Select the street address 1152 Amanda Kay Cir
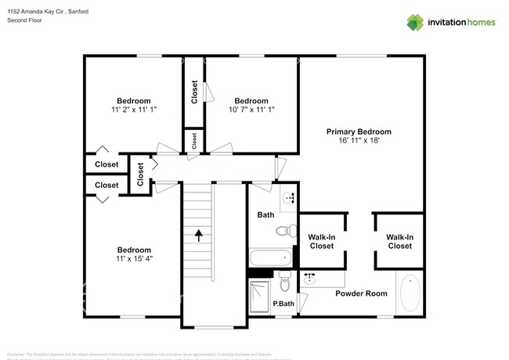(38, 12)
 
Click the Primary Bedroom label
(359, 131)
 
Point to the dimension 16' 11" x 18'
(359, 142)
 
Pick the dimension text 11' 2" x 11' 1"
(134, 110)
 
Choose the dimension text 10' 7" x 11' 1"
(251, 110)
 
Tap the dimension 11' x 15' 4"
(134, 259)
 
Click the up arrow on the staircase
(199, 233)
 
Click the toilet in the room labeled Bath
(285, 230)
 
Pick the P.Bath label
(283, 304)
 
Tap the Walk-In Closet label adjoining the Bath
(321, 241)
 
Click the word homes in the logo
(478, 22)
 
